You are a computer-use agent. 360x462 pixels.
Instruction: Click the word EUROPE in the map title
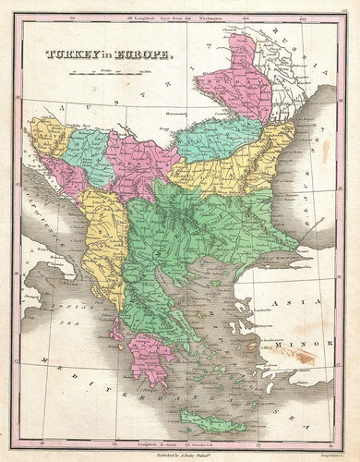coord(144,55)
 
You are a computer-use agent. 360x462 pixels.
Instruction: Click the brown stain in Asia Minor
coord(298,352)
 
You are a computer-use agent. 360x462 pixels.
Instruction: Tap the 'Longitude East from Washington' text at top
coord(180,16)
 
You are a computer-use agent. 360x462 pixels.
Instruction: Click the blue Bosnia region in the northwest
coord(89,153)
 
